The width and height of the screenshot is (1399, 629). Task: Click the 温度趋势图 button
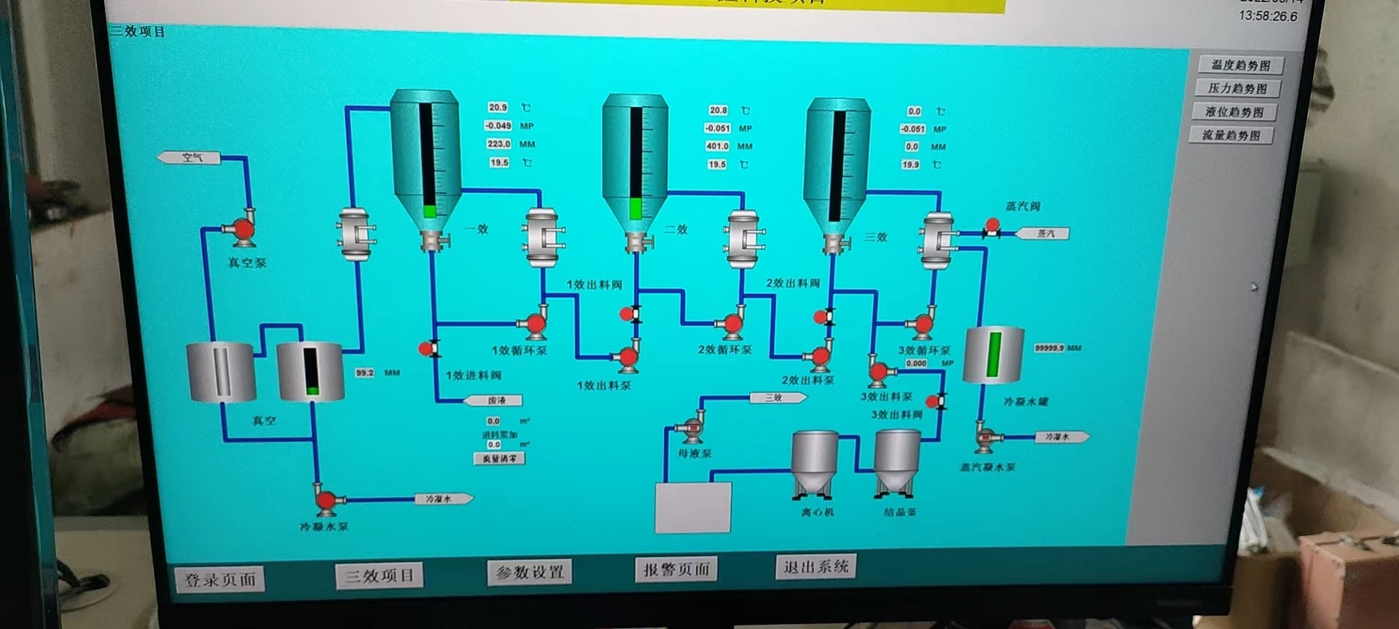click(x=1240, y=66)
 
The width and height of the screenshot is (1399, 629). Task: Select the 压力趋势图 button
click(x=1237, y=89)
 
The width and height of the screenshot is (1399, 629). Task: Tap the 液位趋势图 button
click(x=1234, y=112)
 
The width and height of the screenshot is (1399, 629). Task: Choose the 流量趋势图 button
click(x=1231, y=135)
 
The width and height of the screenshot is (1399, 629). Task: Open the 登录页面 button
click(x=219, y=579)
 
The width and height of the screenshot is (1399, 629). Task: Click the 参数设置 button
click(x=530, y=572)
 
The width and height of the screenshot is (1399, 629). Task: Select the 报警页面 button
click(x=676, y=569)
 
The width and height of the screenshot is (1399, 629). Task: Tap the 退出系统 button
click(x=816, y=566)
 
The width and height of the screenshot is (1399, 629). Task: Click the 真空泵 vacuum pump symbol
click(x=242, y=229)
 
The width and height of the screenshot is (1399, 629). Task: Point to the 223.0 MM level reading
click(x=498, y=144)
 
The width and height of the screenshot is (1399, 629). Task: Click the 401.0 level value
click(x=717, y=146)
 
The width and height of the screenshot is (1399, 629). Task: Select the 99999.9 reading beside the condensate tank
click(x=1049, y=349)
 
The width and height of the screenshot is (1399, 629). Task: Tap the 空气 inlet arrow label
click(x=191, y=157)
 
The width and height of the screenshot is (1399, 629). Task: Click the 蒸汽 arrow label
click(x=1045, y=234)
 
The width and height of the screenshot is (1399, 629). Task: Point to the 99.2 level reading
click(x=364, y=373)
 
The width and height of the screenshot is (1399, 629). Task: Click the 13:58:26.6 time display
click(x=1268, y=16)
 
